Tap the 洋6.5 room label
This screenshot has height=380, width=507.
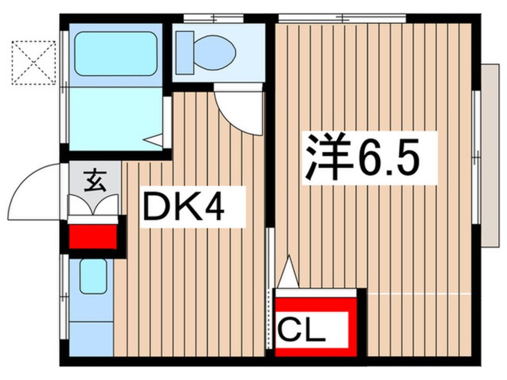point(361,158)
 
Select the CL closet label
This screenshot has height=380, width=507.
point(301,330)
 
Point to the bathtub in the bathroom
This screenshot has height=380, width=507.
point(116,54)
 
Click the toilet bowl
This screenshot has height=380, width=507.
point(215,52)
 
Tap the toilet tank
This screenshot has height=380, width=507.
point(184,52)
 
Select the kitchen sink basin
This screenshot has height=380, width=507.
point(93,276)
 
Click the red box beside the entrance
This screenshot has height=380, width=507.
point(93,237)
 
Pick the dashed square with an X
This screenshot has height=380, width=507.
point(34,63)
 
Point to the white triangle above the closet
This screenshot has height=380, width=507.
point(289,272)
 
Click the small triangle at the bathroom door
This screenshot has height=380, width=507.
point(153,140)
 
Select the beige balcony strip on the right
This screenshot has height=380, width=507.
point(490,156)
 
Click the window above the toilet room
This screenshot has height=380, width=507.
point(213,18)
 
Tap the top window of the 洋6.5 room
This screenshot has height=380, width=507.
point(342,18)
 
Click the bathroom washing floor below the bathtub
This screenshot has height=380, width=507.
point(116,119)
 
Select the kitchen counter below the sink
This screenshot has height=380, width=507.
point(92,339)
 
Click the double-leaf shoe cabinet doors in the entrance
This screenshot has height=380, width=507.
point(93,205)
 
